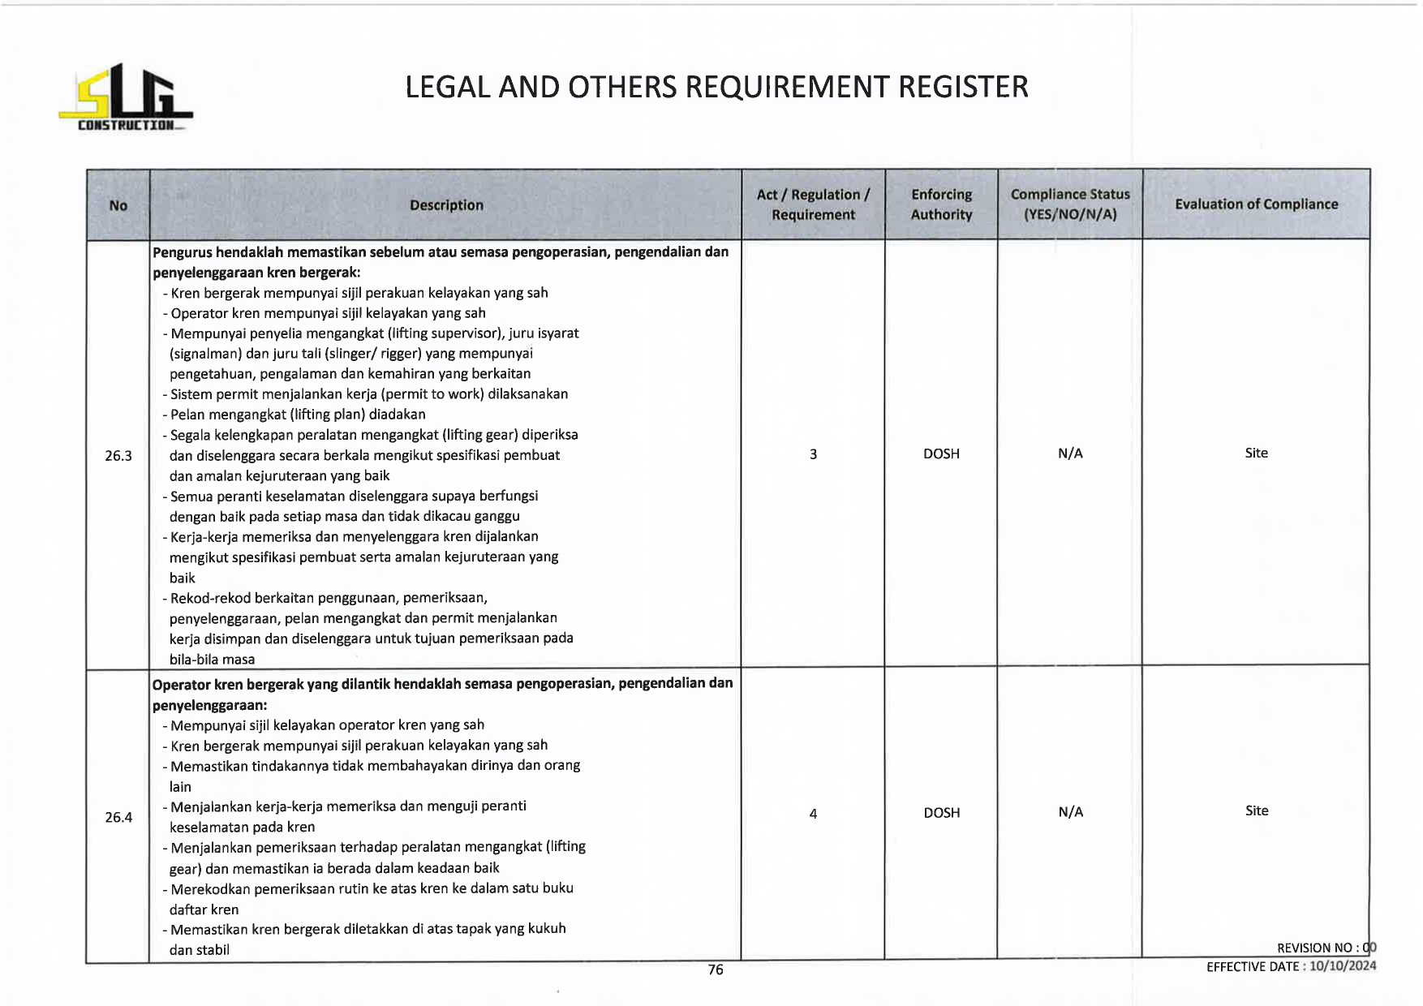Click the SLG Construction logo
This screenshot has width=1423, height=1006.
(126, 98)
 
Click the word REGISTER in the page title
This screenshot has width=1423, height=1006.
(963, 87)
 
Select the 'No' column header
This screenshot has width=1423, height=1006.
(118, 205)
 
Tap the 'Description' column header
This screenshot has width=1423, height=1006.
(446, 205)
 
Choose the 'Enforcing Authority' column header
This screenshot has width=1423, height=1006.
(941, 204)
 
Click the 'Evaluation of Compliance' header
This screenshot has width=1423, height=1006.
(1256, 204)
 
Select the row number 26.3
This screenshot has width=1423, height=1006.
(118, 456)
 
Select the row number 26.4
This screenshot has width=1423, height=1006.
(118, 817)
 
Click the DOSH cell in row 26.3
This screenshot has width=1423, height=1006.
(941, 454)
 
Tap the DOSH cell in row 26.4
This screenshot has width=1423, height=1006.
(941, 813)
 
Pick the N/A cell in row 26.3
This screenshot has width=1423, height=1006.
(1070, 454)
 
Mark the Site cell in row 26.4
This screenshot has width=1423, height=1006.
(1256, 810)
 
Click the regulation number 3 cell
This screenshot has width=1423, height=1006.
(813, 454)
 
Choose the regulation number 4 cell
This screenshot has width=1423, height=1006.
(813, 813)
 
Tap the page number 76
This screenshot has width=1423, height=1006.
(715, 969)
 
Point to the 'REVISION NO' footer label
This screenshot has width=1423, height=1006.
(1313, 948)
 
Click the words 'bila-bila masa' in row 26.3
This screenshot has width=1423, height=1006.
(212, 660)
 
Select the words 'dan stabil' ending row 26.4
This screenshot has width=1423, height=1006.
(200, 950)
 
